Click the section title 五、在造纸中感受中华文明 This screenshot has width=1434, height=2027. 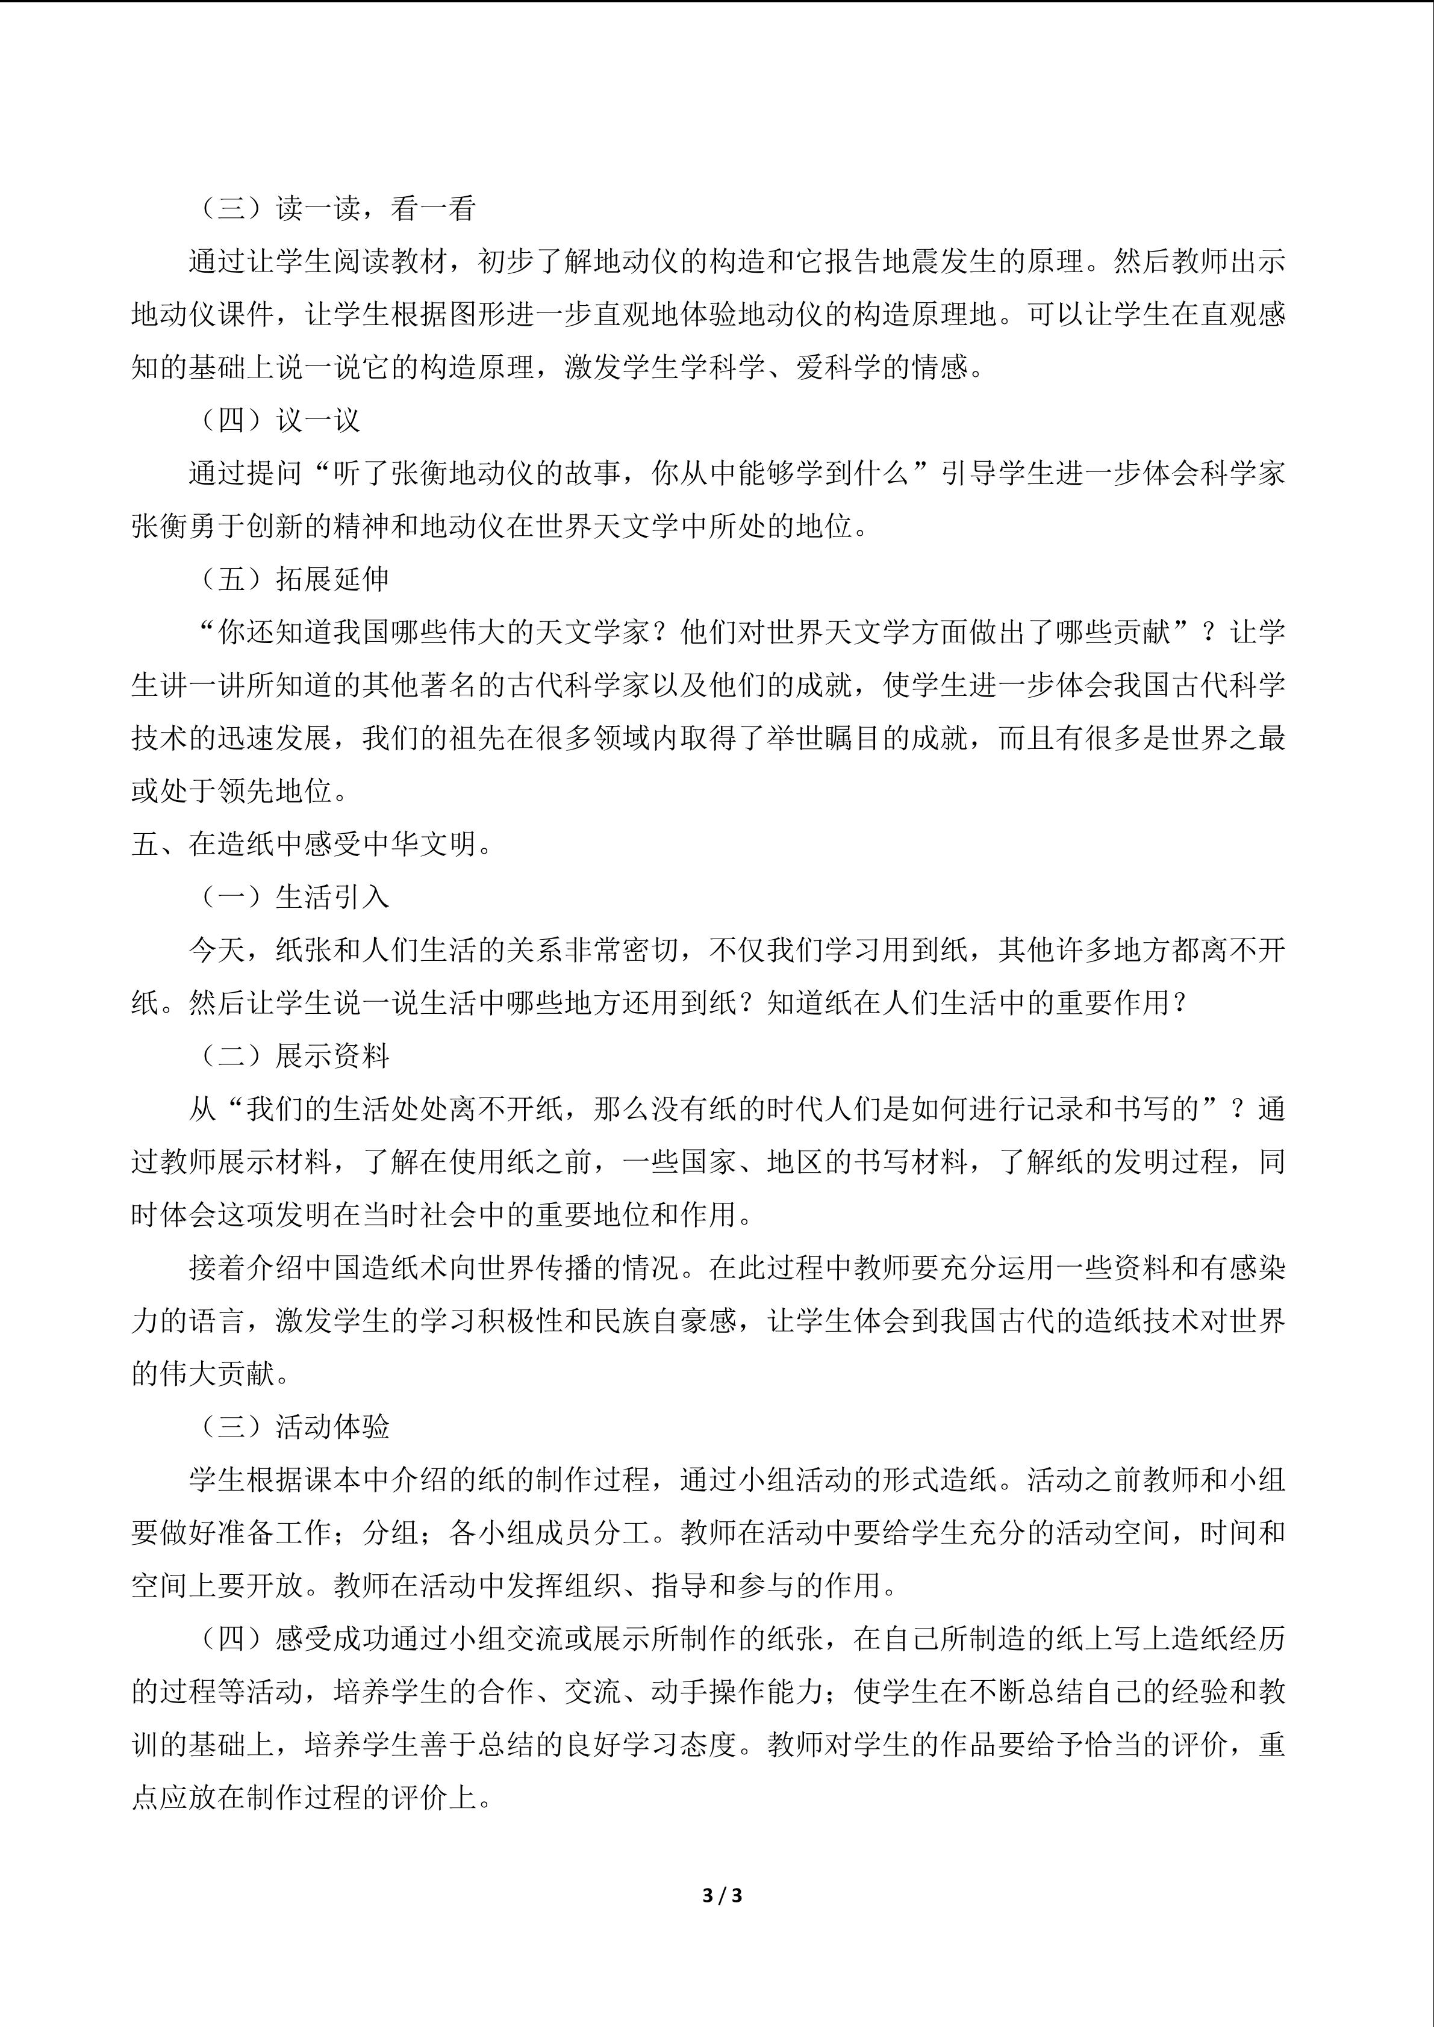pos(311,844)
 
